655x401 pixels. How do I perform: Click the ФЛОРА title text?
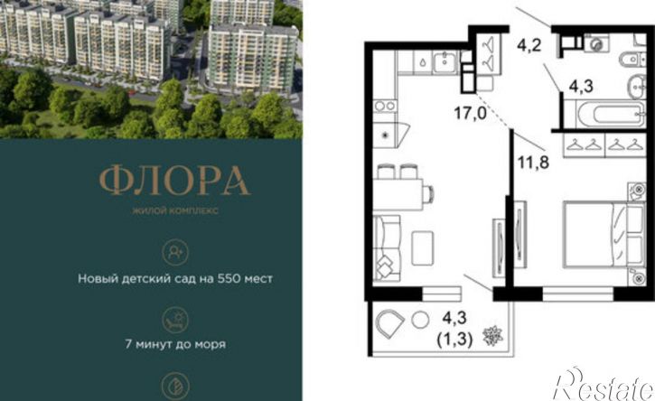pos(175,181)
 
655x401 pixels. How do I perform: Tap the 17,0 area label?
pos(471,113)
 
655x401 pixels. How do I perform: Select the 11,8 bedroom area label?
pos(533,162)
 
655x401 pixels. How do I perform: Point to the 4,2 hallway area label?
pos(529,44)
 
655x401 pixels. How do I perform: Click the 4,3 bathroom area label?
pos(581,87)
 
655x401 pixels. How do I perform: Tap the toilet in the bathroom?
pos(632,61)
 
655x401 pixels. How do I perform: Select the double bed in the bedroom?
pos(604,234)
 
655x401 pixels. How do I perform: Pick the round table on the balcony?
pos(420,321)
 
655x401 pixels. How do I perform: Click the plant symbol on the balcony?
pos(492,335)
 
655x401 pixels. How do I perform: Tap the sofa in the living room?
pos(387,248)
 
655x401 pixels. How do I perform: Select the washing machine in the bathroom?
pos(596,43)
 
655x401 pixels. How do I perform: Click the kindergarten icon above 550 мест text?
pos(175,252)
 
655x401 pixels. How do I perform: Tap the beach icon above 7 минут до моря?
pos(175,320)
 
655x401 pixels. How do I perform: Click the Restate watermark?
pos(603,384)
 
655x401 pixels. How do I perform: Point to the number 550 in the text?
pos(229,278)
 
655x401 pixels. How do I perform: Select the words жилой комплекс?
pos(175,210)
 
